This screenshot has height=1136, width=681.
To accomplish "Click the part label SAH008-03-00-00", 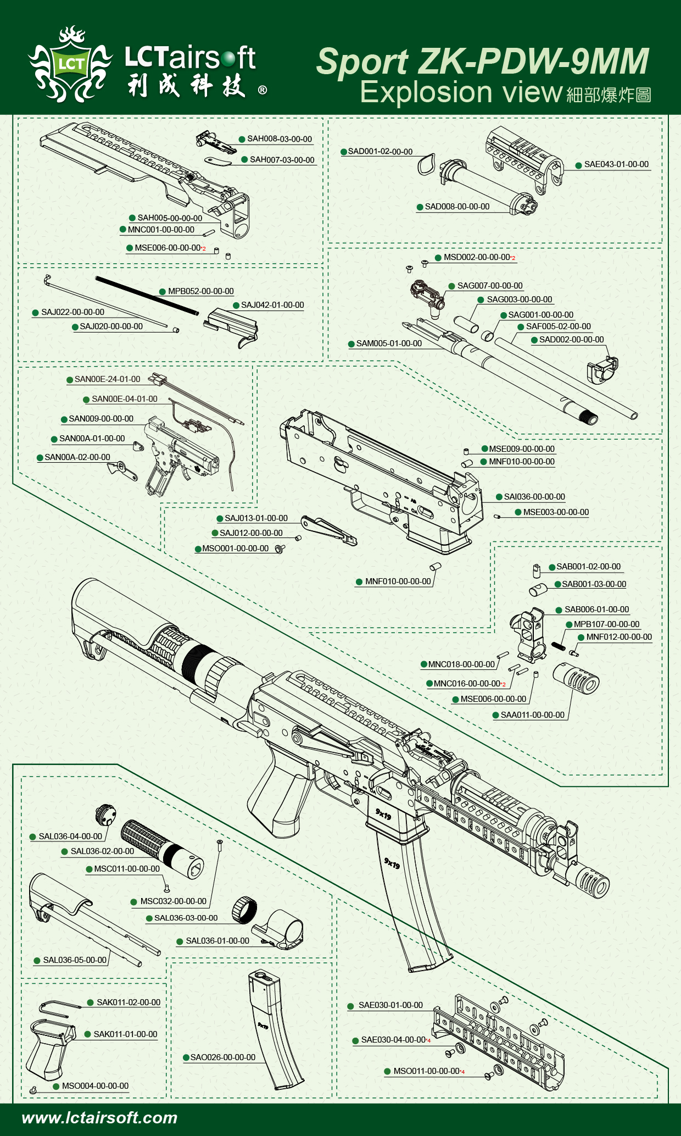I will click(279, 139).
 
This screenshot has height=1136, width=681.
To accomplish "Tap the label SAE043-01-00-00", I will click(616, 164).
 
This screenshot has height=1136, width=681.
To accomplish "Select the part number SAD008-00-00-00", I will click(457, 207).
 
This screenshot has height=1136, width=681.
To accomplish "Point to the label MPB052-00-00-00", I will click(200, 291).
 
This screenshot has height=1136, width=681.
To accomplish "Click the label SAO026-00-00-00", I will click(222, 1057).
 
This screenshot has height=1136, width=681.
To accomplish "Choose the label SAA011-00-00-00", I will click(532, 715).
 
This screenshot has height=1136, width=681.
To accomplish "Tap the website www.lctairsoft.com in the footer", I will click(99, 1118).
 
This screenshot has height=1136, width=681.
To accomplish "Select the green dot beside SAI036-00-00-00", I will click(499, 497).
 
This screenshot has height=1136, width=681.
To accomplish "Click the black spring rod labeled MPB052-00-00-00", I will click(147, 295).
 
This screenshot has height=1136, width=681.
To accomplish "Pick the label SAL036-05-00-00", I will click(75, 960).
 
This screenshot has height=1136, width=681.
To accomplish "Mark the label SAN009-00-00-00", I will click(101, 419).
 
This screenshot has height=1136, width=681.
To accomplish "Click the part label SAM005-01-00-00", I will click(389, 343).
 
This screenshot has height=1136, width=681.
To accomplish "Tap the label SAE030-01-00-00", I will click(390, 1005).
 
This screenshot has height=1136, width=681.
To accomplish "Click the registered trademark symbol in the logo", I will click(263, 90).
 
